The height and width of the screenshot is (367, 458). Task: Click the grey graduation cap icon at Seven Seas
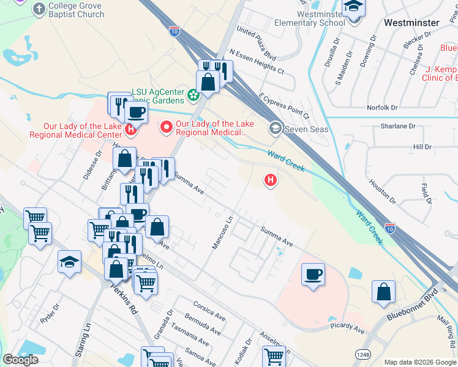pyautogui.click(x=275, y=128)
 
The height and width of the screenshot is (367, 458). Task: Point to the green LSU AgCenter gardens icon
pyautogui.click(x=193, y=95)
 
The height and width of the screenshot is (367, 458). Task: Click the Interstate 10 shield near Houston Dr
pyautogui.click(x=390, y=227)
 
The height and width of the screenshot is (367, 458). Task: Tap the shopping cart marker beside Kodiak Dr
pyautogui.click(x=274, y=355)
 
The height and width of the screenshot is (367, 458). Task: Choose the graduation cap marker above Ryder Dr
pyautogui.click(x=70, y=261)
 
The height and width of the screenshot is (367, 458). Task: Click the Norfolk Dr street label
pyautogui.click(x=382, y=108)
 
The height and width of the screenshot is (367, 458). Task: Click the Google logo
pyautogui.click(x=20, y=360)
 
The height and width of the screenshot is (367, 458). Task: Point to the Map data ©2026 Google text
pyautogui.click(x=419, y=362)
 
